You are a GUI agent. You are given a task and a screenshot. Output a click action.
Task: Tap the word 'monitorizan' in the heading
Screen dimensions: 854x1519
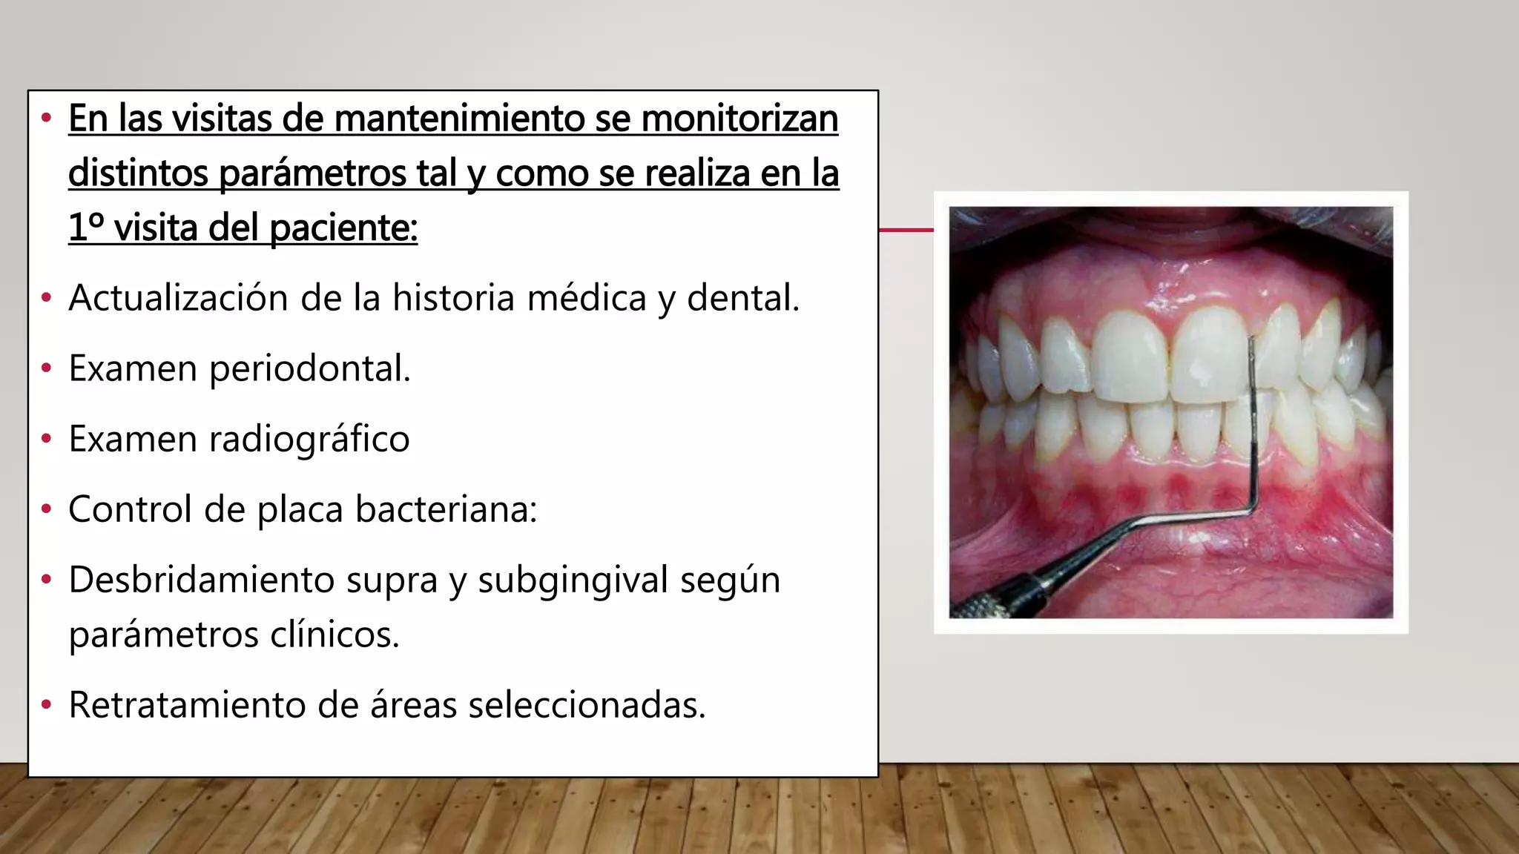tap(739, 119)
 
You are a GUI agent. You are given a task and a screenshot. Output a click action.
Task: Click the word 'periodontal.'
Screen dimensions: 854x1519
tap(310, 368)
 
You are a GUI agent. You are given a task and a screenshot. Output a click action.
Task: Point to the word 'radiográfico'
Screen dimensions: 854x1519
tap(309, 439)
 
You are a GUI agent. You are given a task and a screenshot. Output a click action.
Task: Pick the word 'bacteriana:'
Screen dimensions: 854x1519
tap(446, 509)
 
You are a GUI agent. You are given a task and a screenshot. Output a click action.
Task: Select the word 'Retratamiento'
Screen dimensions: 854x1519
tap(187, 704)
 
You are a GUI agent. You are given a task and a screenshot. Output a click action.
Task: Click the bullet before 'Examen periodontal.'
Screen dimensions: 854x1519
tap(47, 368)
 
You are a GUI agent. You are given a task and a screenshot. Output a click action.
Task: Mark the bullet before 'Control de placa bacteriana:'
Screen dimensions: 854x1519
tap(47, 509)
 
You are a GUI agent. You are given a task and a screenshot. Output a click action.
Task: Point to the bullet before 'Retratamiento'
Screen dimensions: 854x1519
tap(47, 704)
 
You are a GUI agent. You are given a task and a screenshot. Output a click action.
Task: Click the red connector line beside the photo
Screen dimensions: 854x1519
tap(906, 230)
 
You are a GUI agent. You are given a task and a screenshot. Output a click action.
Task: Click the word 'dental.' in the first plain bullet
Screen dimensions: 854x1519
tap(743, 298)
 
